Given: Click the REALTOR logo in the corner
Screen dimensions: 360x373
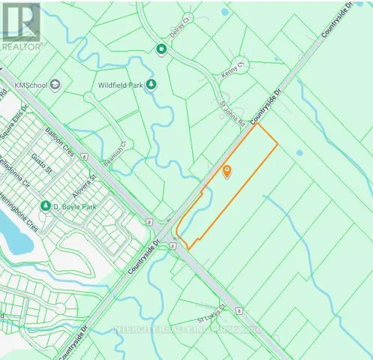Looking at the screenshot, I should [x=20, y=25].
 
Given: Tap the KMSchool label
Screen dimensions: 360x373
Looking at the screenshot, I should [x=30, y=85].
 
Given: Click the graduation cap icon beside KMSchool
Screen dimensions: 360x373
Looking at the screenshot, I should [x=56, y=85].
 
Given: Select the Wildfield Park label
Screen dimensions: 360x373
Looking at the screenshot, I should [x=121, y=84].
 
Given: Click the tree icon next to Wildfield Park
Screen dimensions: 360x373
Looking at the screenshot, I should [x=152, y=84].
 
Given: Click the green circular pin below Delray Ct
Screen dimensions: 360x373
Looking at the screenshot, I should [x=161, y=50].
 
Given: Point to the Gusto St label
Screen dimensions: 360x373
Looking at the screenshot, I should [x=38, y=160].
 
